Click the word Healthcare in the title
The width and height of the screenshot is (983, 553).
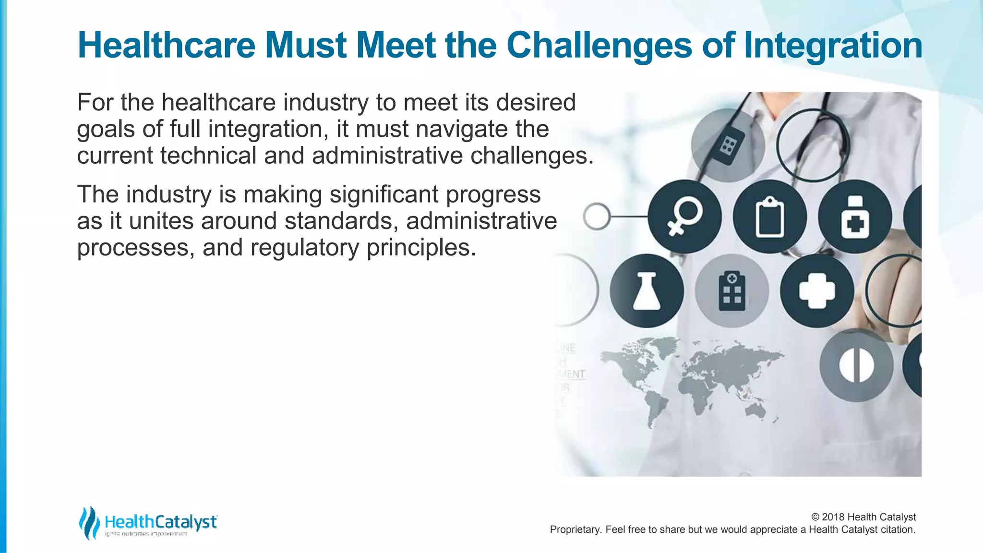coord(166,46)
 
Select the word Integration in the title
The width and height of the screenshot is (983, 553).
coord(832,46)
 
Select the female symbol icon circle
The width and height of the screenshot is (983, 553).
coord(684,217)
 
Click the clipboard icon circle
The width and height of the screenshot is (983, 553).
coord(769,217)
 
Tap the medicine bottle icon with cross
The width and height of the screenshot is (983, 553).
coord(855,217)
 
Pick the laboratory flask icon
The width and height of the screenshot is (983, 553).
coord(647,291)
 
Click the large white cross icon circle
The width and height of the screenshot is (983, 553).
coord(817,291)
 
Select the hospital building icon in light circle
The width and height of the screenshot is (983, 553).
coord(731,291)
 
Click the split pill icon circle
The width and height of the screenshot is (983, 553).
coord(856,365)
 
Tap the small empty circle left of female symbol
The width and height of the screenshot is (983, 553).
coord(597,216)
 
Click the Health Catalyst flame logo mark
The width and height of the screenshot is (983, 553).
coord(89,522)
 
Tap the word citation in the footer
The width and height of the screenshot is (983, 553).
coord(897,530)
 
